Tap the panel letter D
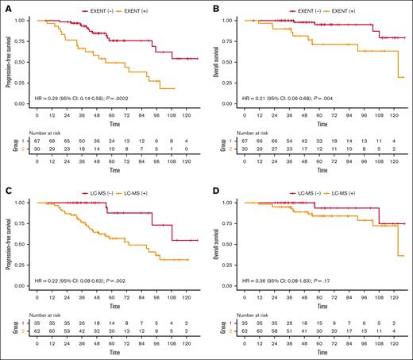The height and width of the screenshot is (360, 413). tap(213, 188)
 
